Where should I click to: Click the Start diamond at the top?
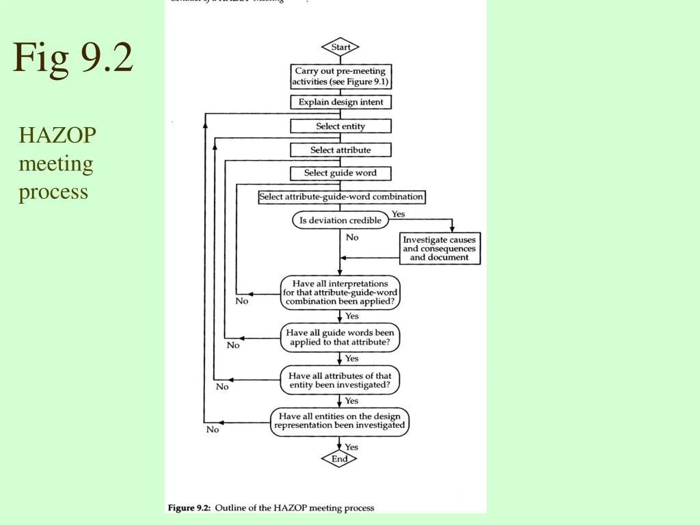tap(340, 47)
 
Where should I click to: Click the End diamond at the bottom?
tap(340, 459)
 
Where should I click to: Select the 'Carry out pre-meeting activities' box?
tap(340, 76)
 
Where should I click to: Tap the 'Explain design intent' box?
tap(340, 102)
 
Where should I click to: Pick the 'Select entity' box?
tap(340, 126)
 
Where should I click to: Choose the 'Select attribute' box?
tap(340, 150)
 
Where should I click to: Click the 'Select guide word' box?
tap(340, 173)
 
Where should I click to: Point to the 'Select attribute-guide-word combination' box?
tap(341, 197)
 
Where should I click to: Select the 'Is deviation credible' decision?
tap(340, 220)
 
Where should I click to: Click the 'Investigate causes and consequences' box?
tap(439, 249)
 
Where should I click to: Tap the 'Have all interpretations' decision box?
tap(340, 292)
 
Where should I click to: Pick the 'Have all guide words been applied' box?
tap(340, 338)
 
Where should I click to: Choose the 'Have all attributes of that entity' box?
tap(340, 380)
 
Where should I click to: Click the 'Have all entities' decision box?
tap(340, 420)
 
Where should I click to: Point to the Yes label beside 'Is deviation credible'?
tap(398, 214)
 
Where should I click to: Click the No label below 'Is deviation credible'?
tap(352, 237)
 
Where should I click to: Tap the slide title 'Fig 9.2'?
tap(73, 57)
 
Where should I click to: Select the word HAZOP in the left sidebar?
tap(57, 135)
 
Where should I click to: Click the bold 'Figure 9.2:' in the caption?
tap(189, 508)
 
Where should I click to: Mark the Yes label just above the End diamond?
tap(351, 447)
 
